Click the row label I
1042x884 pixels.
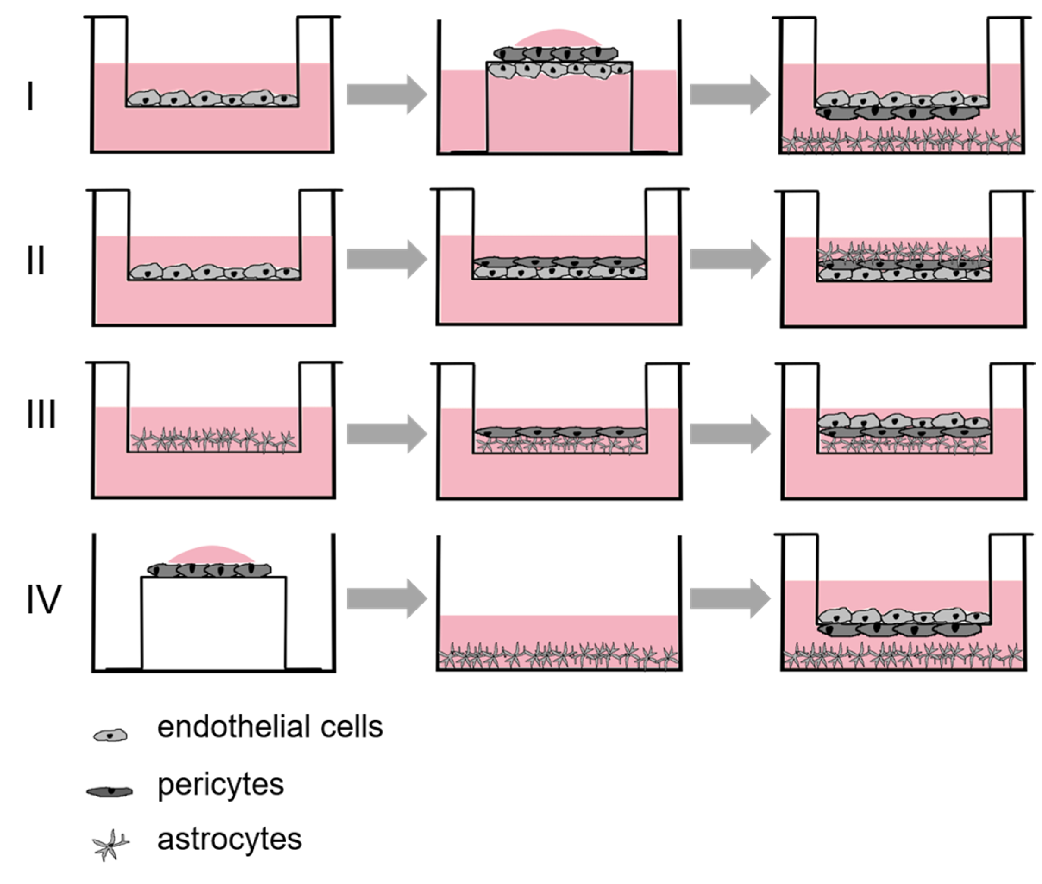[31, 96]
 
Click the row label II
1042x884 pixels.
[35, 260]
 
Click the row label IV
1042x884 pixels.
[44, 599]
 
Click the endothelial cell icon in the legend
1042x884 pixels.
[111, 735]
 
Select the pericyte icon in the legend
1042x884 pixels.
[110, 791]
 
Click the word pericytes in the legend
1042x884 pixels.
[220, 785]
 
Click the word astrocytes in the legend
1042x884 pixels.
[229, 840]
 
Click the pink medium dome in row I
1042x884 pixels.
[558, 38]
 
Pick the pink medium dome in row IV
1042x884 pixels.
[211, 555]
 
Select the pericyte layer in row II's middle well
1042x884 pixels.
[559, 261]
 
